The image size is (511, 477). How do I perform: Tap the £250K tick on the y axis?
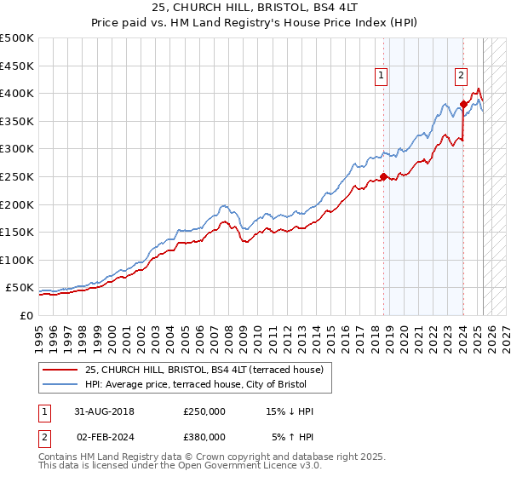pyautogui.click(x=17, y=176)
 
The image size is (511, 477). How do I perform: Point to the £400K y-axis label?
pyautogui.click(x=17, y=93)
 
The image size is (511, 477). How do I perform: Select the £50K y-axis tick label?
pyautogui.click(x=20, y=288)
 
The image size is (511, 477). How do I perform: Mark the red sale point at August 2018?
pyautogui.click(x=383, y=176)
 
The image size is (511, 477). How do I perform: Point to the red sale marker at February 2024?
pyautogui.click(x=463, y=105)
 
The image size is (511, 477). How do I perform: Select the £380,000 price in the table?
pyautogui.click(x=204, y=436)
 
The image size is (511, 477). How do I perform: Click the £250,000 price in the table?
pyautogui.click(x=204, y=411)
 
